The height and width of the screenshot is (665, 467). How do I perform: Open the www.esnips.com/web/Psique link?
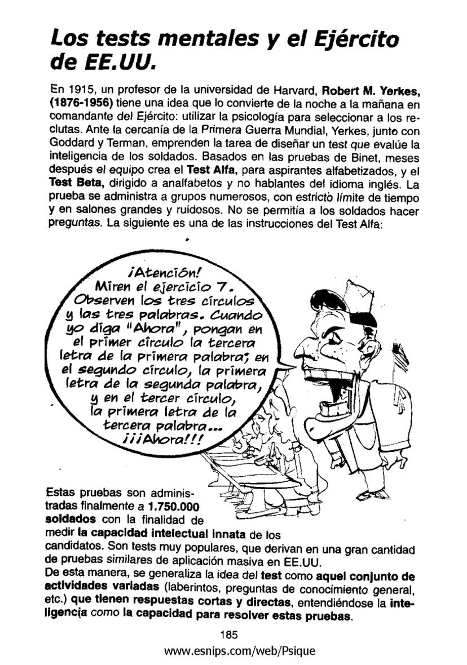pyautogui.click(x=239, y=651)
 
